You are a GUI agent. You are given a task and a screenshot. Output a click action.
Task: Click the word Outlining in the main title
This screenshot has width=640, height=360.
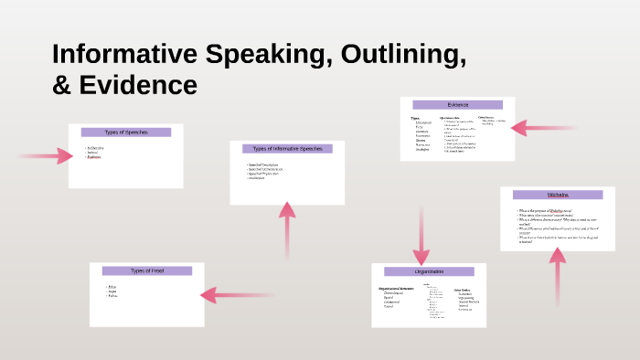pyautogui.click(x=396, y=55)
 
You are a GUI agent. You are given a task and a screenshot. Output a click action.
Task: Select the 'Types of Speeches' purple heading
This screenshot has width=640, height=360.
pyautogui.click(x=126, y=132)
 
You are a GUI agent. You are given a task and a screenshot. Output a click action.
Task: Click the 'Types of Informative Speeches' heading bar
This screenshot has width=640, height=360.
pyautogui.click(x=287, y=148)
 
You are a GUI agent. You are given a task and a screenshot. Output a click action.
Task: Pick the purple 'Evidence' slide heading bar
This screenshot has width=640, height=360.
pyautogui.click(x=457, y=105)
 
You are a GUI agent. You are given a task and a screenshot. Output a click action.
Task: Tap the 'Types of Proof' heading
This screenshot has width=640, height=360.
pyautogui.click(x=147, y=270)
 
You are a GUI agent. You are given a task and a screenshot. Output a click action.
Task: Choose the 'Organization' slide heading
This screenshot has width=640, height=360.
pyautogui.click(x=429, y=271)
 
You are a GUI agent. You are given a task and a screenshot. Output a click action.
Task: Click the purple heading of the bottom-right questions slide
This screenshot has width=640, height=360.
pyautogui.click(x=558, y=195)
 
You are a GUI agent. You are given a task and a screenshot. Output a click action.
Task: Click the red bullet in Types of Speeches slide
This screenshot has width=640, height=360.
pyautogui.click(x=94, y=157)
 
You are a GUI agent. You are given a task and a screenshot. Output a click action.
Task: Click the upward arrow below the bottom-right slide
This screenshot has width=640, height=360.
pyautogui.click(x=557, y=274)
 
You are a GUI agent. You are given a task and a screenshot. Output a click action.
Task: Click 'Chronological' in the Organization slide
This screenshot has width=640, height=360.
pyautogui.click(x=397, y=293)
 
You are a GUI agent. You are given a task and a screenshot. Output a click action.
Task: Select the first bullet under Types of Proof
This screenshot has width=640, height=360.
pyautogui.click(x=112, y=286)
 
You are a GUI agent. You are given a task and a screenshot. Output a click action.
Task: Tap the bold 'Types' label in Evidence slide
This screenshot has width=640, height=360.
pyautogui.click(x=415, y=118)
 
